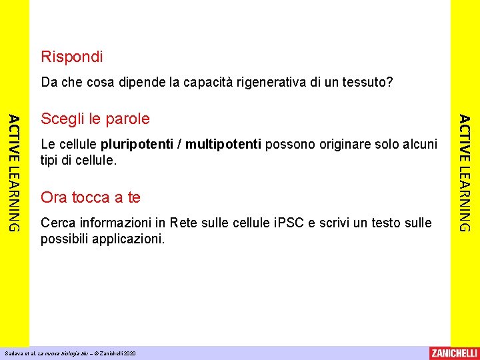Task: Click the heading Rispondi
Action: click(x=72, y=57)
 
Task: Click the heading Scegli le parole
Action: click(x=95, y=119)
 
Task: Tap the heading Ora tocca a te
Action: click(x=91, y=197)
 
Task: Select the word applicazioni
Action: click(x=129, y=239)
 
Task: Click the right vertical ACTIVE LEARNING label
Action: click(x=465, y=173)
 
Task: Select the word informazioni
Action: click(x=117, y=223)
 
